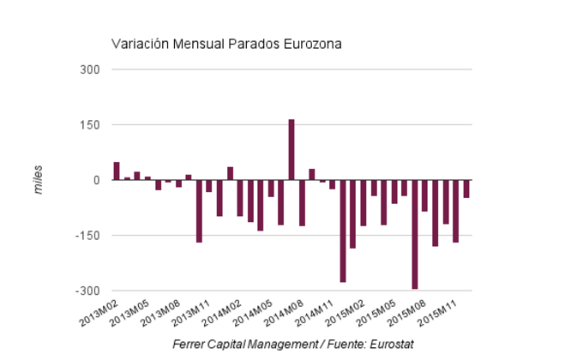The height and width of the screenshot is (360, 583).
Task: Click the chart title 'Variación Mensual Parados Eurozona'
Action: tap(227, 44)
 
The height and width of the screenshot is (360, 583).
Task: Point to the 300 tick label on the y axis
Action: tap(90, 69)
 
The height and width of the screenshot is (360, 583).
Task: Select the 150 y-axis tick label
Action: tap(90, 125)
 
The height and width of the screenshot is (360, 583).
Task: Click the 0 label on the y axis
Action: tap(96, 180)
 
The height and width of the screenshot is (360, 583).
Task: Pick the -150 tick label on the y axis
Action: tap(88, 236)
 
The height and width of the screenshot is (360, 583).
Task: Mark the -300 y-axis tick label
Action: tap(88, 291)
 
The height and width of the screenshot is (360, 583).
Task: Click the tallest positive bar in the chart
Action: tap(291, 150)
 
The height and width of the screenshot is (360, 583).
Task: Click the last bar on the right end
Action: tap(466, 189)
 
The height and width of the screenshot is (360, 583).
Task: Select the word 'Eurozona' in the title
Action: tap(314, 44)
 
